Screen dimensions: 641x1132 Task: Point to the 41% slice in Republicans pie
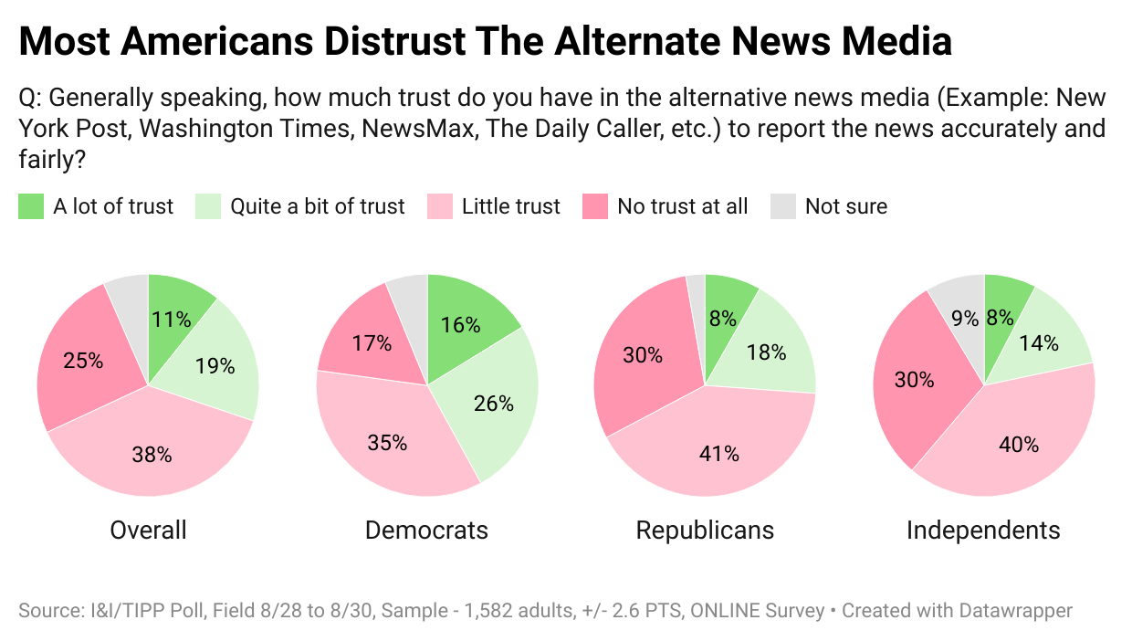coord(719,452)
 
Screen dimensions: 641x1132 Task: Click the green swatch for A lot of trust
coord(31,206)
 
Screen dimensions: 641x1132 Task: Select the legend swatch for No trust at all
coord(595,206)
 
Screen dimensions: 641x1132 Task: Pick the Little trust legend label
coord(510,206)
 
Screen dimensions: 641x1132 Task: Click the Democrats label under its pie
coord(426,531)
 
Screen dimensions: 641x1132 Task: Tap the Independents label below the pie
coord(983,531)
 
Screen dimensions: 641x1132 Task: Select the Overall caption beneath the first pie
coord(148,531)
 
